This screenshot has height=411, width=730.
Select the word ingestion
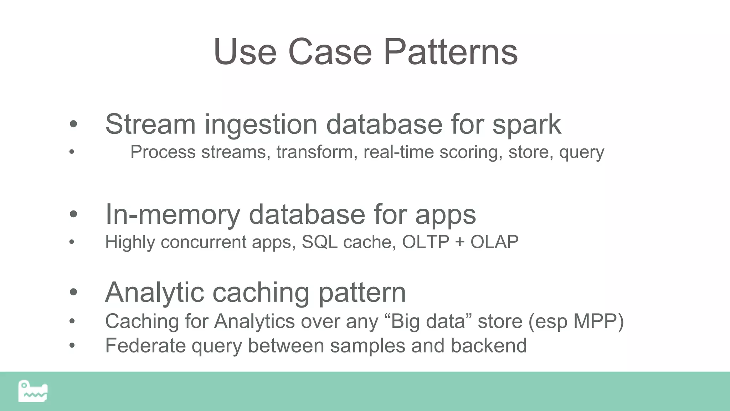(x=261, y=125)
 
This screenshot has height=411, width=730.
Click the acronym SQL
(x=319, y=242)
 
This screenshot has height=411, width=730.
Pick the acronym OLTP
(x=426, y=242)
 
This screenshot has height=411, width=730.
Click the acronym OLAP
(x=494, y=242)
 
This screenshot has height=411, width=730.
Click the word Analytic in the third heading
(x=154, y=293)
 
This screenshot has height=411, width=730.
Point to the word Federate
(x=145, y=345)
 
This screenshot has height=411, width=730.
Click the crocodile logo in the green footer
(x=33, y=391)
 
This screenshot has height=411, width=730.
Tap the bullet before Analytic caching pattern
(x=73, y=292)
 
